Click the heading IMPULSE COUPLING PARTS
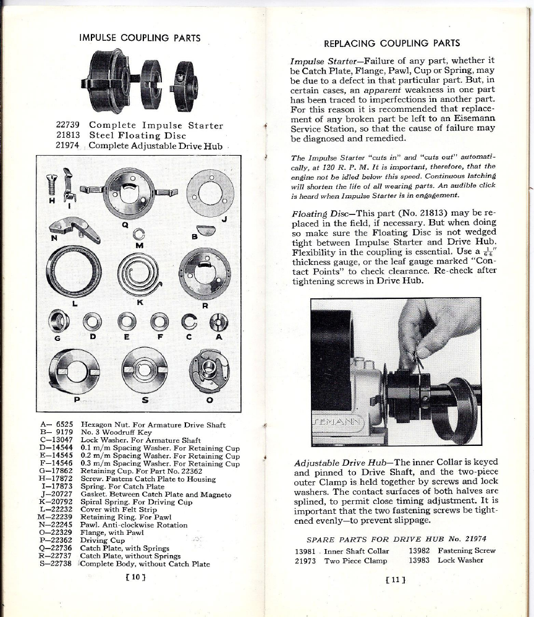tap(140, 38)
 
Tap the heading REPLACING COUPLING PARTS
tap(392, 43)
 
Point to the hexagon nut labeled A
tap(219, 321)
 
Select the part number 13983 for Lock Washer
tap(422, 560)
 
